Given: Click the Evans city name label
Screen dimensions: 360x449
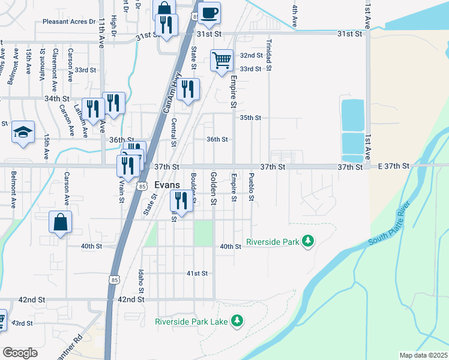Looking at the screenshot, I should [166, 185].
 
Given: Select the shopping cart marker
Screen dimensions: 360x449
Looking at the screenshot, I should [221, 59].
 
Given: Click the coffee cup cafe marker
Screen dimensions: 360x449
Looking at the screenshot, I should [209, 13].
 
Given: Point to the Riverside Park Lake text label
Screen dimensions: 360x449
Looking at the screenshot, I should [191, 322].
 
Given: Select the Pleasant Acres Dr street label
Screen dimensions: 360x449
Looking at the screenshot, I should [69, 22].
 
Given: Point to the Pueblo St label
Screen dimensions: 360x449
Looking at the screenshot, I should [252, 187].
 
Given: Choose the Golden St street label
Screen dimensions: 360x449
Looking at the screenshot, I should [213, 188].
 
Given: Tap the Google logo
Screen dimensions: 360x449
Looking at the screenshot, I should [20, 353].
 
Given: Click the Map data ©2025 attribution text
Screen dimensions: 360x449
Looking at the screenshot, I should [423, 355].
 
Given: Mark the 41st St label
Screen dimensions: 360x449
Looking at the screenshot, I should [197, 273].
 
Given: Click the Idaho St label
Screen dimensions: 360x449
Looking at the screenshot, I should [142, 282].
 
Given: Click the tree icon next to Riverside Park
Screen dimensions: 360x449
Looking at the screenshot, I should [308, 241].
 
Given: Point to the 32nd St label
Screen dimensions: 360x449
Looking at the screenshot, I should [251, 55].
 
